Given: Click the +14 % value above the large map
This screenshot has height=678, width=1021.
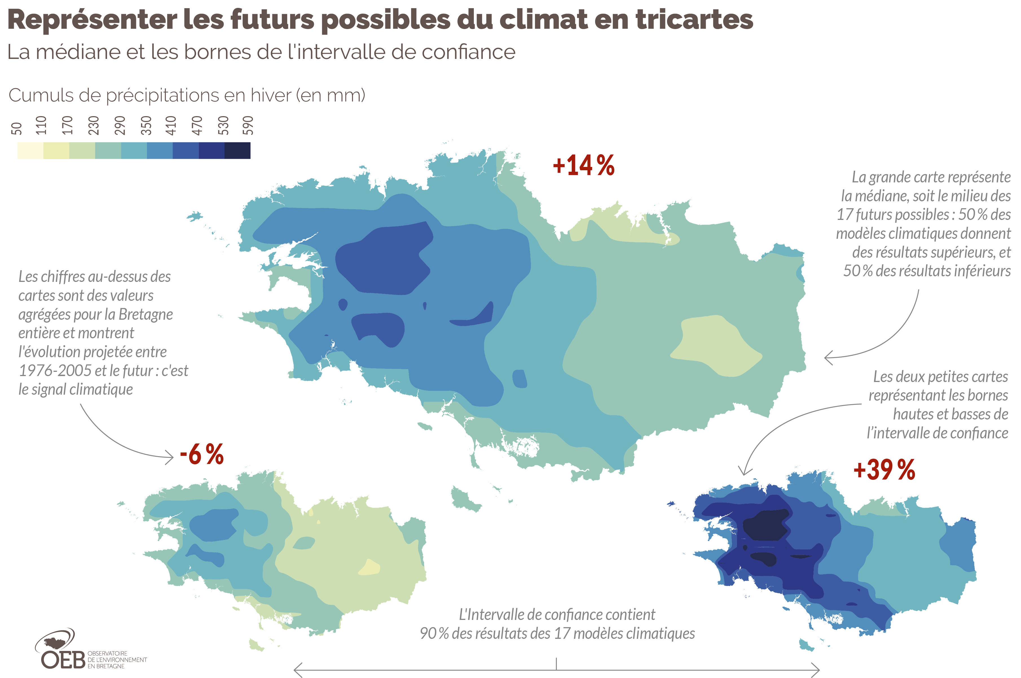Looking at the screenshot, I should [x=583, y=165].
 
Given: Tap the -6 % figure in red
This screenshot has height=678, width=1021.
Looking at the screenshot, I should [x=202, y=454].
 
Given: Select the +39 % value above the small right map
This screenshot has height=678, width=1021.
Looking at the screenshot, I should [x=884, y=470].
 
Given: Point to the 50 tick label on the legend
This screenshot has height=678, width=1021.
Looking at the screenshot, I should [x=16, y=129].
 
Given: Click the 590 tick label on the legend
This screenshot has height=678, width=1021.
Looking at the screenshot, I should [x=247, y=125].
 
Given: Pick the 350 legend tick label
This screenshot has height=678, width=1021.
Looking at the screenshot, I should [x=146, y=125].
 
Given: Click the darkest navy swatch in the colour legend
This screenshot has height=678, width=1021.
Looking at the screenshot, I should [x=237, y=151].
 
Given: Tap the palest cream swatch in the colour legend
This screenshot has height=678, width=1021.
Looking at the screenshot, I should [x=30, y=151].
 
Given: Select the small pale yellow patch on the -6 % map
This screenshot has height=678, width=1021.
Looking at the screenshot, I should [x=369, y=567].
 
